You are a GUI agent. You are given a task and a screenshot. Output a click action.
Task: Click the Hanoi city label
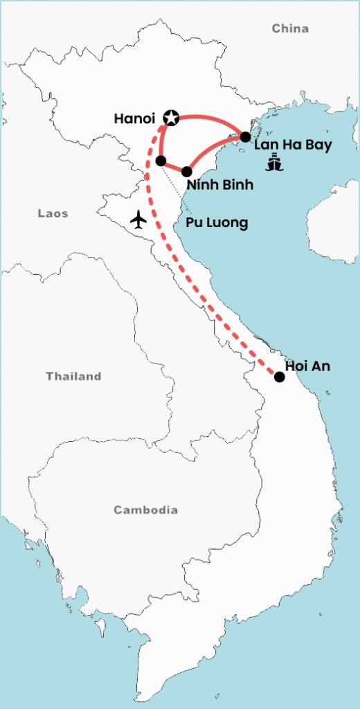tap(135, 118)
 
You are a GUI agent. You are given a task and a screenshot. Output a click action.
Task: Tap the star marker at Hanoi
tap(170, 118)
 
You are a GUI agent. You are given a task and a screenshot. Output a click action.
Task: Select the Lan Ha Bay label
tap(293, 145)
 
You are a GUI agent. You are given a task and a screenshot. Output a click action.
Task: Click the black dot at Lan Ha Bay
tap(245, 136)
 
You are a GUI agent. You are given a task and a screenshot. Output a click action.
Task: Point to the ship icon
tap(275, 164)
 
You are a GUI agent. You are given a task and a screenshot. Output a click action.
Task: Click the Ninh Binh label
tap(220, 185)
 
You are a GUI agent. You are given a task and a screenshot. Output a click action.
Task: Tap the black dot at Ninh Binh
tap(187, 171)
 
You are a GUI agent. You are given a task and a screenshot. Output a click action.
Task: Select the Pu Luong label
tap(217, 223)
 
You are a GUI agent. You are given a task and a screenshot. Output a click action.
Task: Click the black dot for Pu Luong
tap(161, 161)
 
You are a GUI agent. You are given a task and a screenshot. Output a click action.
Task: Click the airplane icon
tap(139, 220)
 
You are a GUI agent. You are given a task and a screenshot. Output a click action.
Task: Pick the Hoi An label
tap(308, 366)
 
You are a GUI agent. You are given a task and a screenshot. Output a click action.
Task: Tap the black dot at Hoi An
tap(279, 377)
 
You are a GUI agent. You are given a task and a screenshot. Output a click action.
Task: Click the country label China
tap(290, 28)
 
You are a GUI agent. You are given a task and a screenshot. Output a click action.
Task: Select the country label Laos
tap(53, 214)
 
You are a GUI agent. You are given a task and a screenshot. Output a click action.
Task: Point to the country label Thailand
tap(73, 377)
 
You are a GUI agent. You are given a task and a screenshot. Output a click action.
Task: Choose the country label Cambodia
tap(145, 510)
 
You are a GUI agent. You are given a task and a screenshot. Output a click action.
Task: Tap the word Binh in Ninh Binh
tap(237, 185)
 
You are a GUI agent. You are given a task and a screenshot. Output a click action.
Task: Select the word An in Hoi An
tap(322, 366)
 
